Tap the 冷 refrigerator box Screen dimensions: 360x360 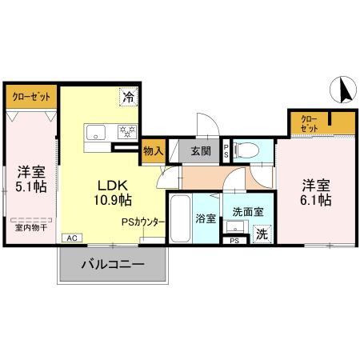pyautogui.click(x=128, y=97)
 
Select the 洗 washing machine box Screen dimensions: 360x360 pyautogui.click(x=262, y=234)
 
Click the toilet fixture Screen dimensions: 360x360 pyautogui.click(x=248, y=149)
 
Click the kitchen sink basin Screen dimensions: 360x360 pyautogui.click(x=94, y=133)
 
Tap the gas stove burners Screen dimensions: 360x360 pyautogui.click(x=125, y=132)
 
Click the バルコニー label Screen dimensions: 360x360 pyautogui.click(x=112, y=263)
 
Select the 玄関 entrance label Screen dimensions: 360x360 pyautogui.click(x=202, y=150)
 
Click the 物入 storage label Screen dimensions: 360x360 pyautogui.click(x=154, y=150)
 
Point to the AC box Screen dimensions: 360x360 pyautogui.click(x=70, y=238)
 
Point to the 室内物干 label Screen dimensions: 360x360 pyautogui.click(x=31, y=226)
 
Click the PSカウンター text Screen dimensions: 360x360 pyautogui.click(x=144, y=222)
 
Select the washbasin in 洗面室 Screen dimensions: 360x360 pyautogui.click(x=234, y=227)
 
